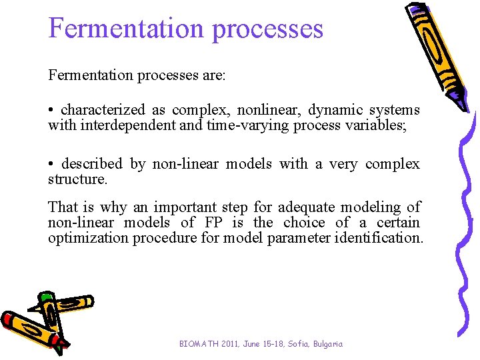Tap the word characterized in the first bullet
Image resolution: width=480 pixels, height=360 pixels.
103,109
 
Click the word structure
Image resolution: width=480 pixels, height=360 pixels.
76,179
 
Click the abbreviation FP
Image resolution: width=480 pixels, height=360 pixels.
211,222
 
